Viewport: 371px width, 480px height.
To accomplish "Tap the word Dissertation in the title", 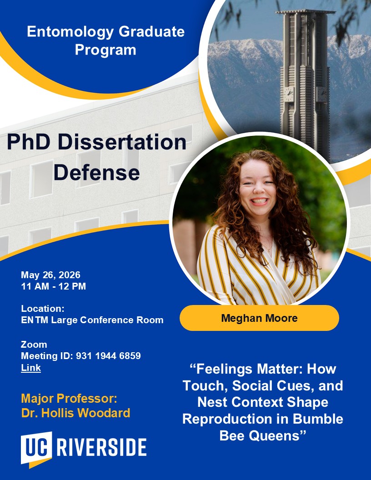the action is click(x=122, y=142).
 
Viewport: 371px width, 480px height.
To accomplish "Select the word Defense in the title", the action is click(x=97, y=172).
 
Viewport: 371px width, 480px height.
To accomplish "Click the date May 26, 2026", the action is click(x=50, y=275).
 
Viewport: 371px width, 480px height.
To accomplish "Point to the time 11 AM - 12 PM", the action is click(x=54, y=286).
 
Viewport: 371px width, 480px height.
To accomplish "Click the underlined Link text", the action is click(x=31, y=368).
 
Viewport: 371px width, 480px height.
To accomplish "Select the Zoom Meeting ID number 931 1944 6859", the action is click(x=108, y=356).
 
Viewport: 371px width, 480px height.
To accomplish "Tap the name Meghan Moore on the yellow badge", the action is click(x=259, y=318).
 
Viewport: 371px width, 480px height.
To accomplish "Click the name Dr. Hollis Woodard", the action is click(x=75, y=413).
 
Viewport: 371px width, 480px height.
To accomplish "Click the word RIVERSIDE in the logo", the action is click(x=102, y=448).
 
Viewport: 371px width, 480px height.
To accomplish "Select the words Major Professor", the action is click(x=69, y=399).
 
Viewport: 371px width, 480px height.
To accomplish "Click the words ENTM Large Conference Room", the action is click(x=92, y=320).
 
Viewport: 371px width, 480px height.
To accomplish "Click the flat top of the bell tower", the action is click(x=305, y=12).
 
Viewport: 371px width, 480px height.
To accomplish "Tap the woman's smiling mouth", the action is click(x=259, y=201).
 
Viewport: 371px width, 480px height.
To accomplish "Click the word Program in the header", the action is click(x=105, y=50).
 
